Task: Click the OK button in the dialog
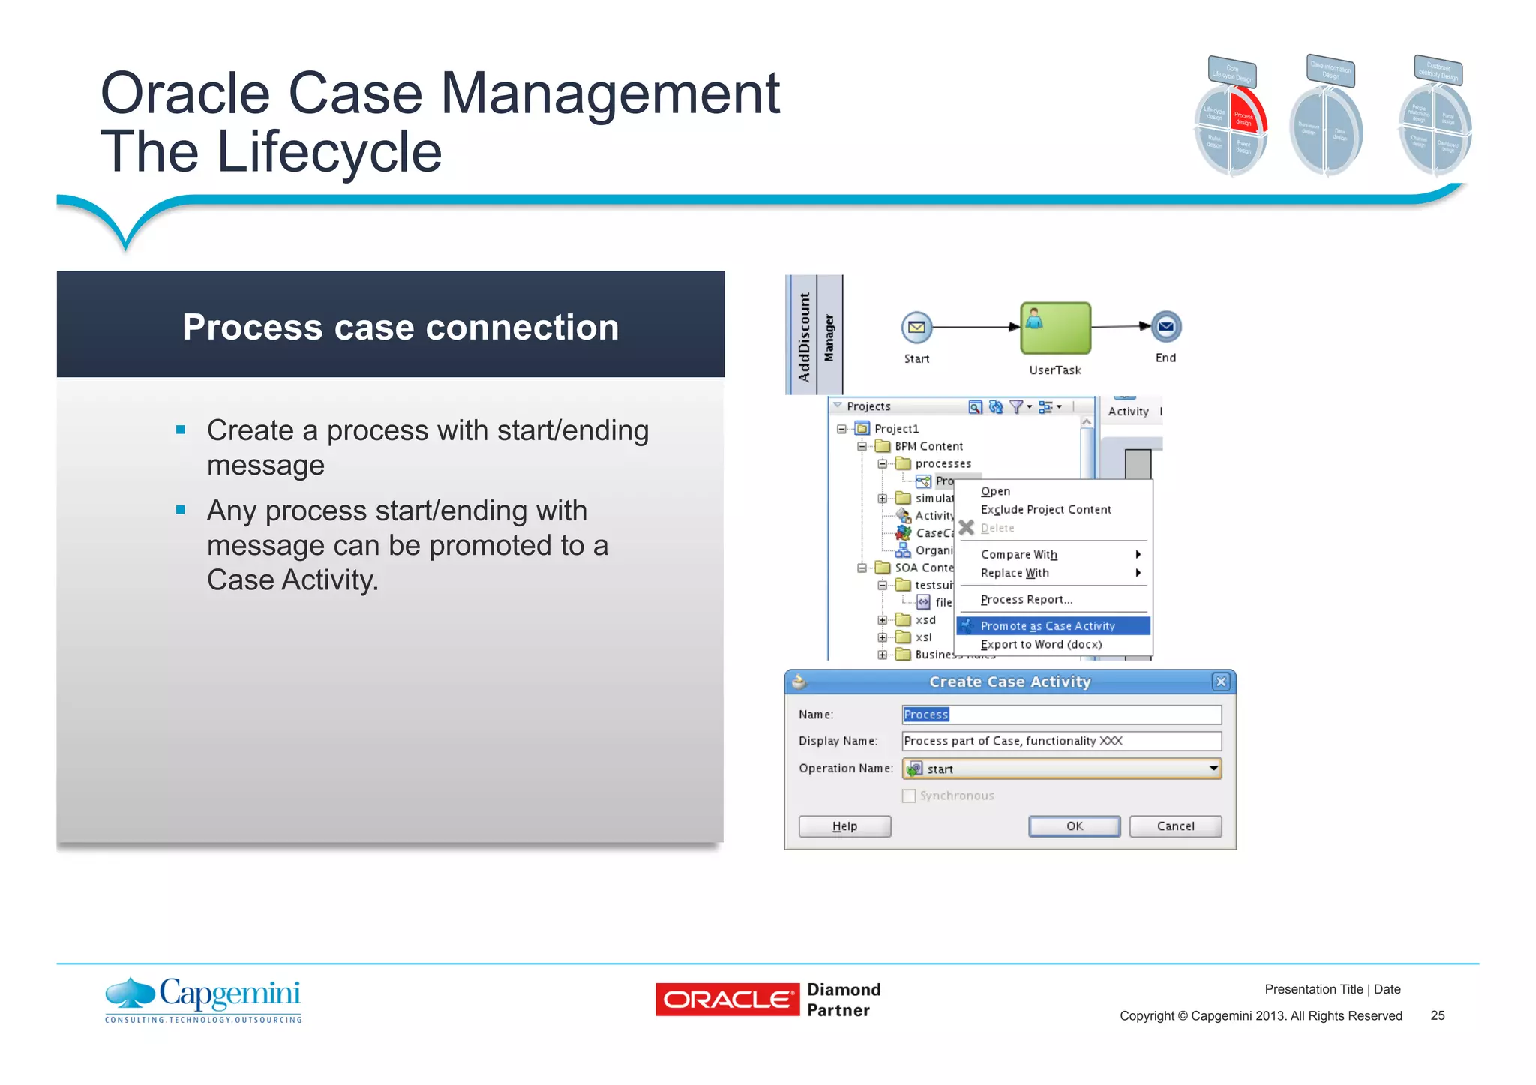pos(1074,826)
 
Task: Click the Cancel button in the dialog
pos(1174,826)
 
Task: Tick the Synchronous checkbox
pos(909,796)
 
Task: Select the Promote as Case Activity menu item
pos(1048,626)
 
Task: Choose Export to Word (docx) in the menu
pos(1041,645)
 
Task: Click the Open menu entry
pos(995,491)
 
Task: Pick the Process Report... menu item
pos(1026,600)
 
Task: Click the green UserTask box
pos(1055,328)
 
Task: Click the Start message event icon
pos(916,328)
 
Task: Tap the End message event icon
pos(1165,327)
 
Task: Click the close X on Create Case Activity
pos(1221,682)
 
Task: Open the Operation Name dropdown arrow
pos(1213,769)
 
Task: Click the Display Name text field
pos(1061,741)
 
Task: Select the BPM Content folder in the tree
pos(928,446)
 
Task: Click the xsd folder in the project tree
pos(925,620)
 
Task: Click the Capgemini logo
pos(204,1000)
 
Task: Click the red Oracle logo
pos(727,1000)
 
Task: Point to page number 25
pos(1437,1015)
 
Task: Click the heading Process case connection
pos(400,328)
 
